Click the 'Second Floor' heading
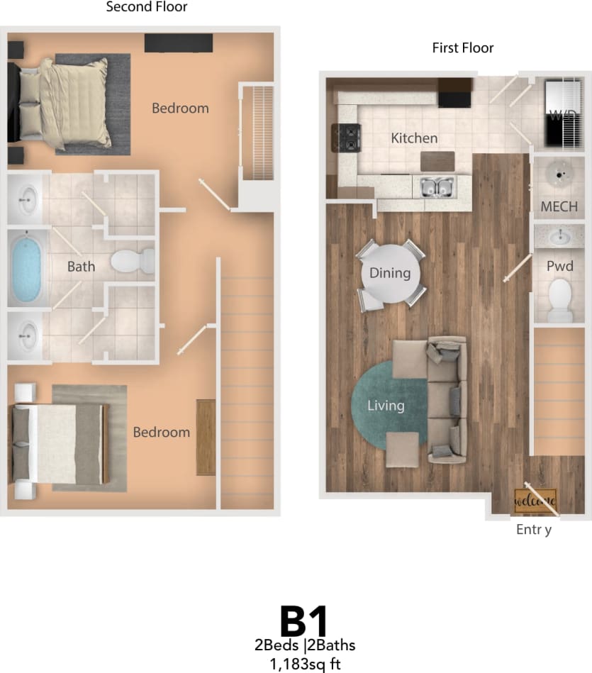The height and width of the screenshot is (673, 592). (147, 8)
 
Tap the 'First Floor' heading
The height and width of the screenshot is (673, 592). (463, 48)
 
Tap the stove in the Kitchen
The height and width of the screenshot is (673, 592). (345, 139)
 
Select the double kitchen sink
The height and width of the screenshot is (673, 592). (437, 188)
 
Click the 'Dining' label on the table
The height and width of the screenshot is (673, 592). (390, 273)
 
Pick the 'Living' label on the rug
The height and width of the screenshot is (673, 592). (386, 406)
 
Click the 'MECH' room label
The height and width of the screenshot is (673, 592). (559, 207)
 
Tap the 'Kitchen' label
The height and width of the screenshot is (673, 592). (414, 138)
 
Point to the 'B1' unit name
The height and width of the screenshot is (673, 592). (304, 621)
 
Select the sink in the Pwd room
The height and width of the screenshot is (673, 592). (559, 235)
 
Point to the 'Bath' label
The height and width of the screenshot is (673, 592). (81, 267)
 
